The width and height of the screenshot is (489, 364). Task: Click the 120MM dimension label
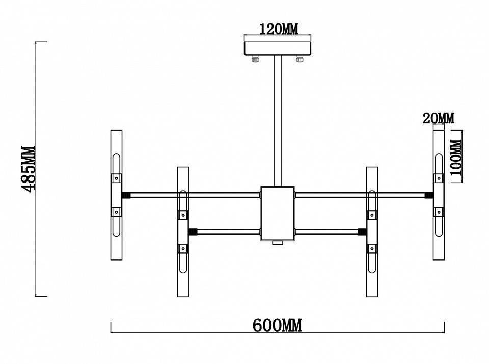(x=279, y=29)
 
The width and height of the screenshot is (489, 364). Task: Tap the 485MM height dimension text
(x=28, y=169)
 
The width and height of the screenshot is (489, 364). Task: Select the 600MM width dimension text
(x=277, y=326)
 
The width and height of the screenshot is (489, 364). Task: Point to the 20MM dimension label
(x=439, y=118)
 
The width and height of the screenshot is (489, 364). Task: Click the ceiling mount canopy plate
(x=278, y=48)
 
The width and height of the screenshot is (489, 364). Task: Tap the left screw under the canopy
(x=255, y=59)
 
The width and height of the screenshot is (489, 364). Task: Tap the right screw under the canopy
(x=300, y=59)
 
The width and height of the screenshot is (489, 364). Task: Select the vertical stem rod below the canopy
(x=278, y=120)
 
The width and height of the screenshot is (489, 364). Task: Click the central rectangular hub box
(x=278, y=214)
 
